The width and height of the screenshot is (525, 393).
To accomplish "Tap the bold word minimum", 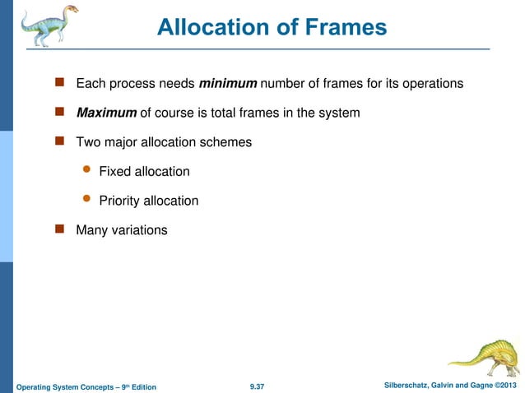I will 230,83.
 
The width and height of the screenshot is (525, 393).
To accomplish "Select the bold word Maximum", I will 106,113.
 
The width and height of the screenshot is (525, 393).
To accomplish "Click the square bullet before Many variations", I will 59,230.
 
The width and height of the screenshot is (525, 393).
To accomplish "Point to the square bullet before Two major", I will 59,141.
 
